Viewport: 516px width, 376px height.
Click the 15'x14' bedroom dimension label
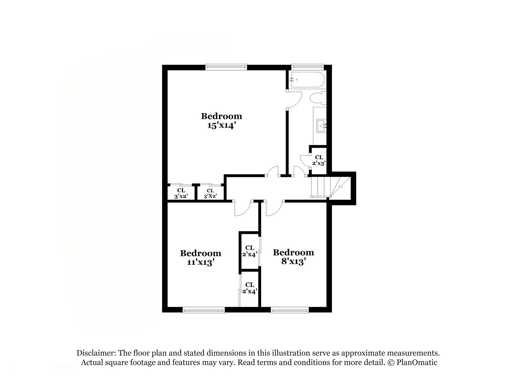(221, 125)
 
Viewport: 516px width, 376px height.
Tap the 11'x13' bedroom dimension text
(201, 262)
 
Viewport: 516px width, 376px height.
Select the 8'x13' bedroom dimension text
(293, 261)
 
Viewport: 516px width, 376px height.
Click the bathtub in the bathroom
(307, 80)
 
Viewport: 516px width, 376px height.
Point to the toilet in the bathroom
(318, 98)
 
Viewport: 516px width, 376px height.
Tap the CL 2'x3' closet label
(319, 160)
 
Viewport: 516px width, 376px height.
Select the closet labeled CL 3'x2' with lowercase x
(181, 194)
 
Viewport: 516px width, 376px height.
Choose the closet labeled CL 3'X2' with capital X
(210, 194)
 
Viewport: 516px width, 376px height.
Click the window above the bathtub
(307, 66)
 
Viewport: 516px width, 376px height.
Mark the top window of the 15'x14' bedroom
(226, 67)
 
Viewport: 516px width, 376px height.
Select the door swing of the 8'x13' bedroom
(274, 209)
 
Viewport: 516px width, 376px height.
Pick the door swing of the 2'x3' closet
(305, 161)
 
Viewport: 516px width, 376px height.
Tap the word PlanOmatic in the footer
(417, 362)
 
